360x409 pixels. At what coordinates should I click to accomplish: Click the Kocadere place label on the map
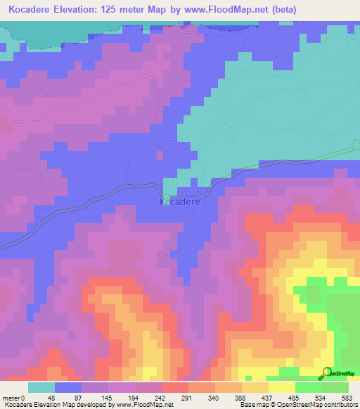180,202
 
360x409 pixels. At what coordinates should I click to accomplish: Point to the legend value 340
215,397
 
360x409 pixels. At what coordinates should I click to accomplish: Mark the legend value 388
242,397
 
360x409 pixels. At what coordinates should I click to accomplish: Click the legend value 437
269,397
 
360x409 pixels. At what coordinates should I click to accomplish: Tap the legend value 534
322,397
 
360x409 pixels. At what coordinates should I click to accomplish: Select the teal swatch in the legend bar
41,387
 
